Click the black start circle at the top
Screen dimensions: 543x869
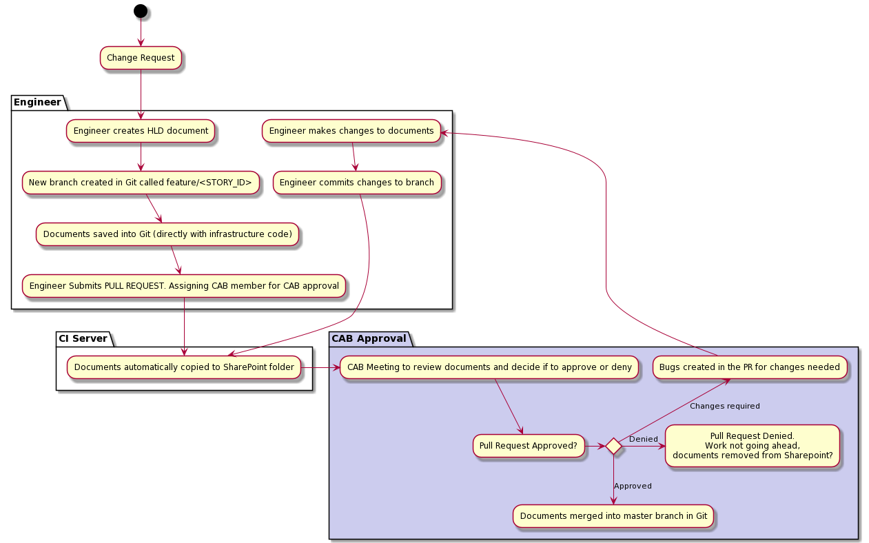pyautogui.click(x=141, y=10)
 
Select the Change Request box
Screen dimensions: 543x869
pyautogui.click(x=141, y=58)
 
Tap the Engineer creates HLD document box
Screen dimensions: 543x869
pyautogui.click(x=141, y=131)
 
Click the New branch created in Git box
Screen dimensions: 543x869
pyautogui.click(x=141, y=183)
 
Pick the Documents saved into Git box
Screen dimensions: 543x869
pyautogui.click(x=167, y=234)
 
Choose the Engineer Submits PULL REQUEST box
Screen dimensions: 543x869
pyautogui.click(x=184, y=286)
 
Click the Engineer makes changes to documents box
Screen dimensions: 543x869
pyautogui.click(x=351, y=131)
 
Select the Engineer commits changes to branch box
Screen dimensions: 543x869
pyautogui.click(x=357, y=183)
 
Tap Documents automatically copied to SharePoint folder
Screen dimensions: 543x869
pyautogui.click(x=184, y=367)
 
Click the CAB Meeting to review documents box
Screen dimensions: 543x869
pyautogui.click(x=489, y=367)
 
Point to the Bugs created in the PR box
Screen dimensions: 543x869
pyautogui.click(x=750, y=367)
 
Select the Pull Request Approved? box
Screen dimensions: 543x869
pyautogui.click(x=529, y=446)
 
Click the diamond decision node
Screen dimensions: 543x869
pyautogui.click(x=613, y=447)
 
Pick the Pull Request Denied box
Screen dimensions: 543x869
pyautogui.click(x=753, y=446)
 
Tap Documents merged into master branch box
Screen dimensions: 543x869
pyautogui.click(x=613, y=516)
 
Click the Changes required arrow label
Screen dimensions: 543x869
pyautogui.click(x=724, y=406)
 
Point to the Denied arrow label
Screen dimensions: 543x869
pyautogui.click(x=643, y=439)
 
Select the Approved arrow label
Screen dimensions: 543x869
pyautogui.click(x=633, y=486)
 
